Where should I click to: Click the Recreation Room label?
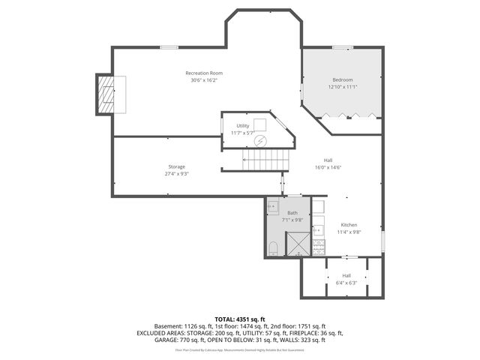(204, 73)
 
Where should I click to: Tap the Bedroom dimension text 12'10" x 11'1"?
(342, 87)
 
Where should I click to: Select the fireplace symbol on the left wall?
(106, 94)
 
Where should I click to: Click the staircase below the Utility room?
(265, 159)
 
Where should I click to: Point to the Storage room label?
(176, 166)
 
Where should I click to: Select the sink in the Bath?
(274, 206)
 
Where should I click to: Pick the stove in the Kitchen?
(319, 245)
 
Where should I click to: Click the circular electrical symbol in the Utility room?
(259, 140)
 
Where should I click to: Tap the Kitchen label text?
(349, 225)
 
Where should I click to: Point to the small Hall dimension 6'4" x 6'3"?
(346, 283)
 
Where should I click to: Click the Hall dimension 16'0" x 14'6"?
(328, 167)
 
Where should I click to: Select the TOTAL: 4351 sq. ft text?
(239, 319)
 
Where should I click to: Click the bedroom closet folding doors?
(350, 116)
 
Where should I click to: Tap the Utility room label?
(242, 125)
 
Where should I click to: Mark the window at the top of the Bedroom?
(343, 48)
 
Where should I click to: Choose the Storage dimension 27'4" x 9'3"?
(176, 173)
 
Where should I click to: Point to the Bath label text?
(292, 213)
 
